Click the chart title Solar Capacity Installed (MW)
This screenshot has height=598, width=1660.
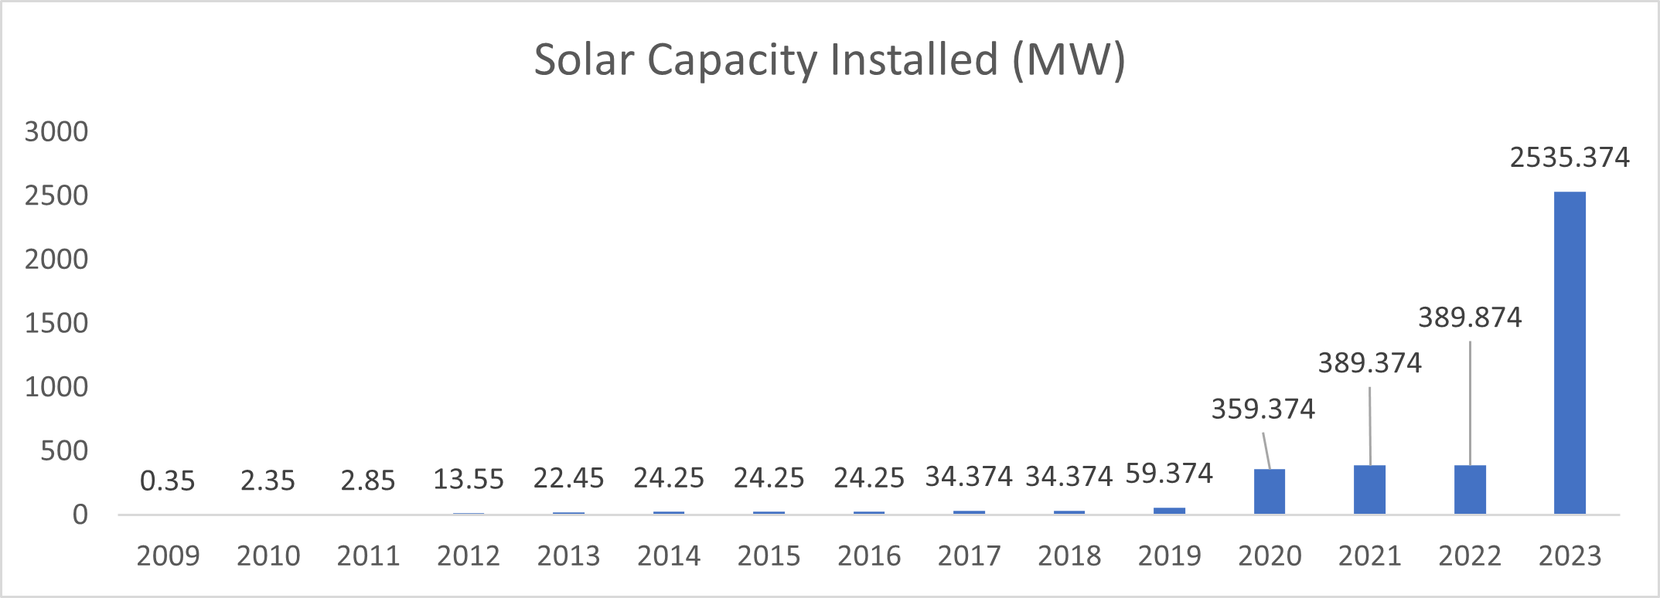[829, 60]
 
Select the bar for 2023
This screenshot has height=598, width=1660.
[1570, 352]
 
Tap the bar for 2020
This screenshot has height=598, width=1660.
[1270, 491]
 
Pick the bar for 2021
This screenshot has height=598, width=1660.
[1369, 489]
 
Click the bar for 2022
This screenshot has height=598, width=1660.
[1470, 489]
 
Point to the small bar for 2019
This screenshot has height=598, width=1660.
[1169, 511]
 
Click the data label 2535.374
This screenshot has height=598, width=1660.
[1570, 158]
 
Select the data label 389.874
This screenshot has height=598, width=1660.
[1469, 318]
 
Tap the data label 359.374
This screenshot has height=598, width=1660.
[1263, 409]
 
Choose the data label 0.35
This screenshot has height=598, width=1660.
[168, 481]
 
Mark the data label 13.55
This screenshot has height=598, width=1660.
[469, 480]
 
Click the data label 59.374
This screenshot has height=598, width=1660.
[1169, 474]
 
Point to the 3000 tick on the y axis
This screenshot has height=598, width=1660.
[56, 132]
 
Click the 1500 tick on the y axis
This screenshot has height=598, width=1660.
[56, 323]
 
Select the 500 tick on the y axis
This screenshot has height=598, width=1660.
[64, 451]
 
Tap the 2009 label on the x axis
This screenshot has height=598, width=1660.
[168, 556]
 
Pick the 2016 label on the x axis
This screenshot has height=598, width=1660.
[869, 556]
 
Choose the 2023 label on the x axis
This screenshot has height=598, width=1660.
[1570, 556]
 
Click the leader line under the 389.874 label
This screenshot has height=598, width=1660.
[1470, 402]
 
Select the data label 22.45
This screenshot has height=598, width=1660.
[568, 479]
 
